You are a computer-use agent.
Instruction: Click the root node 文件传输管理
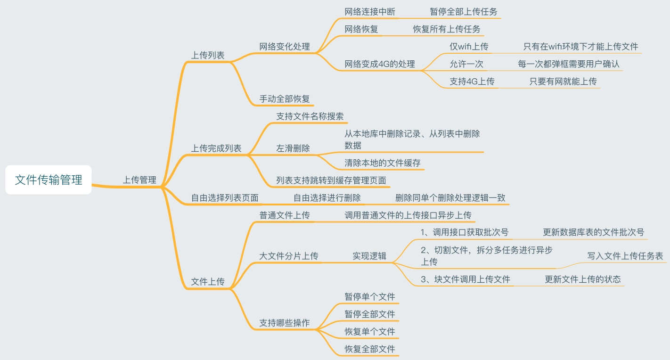[x=49, y=180]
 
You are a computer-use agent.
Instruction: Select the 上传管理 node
[x=139, y=180]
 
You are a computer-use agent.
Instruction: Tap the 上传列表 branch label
[x=208, y=55]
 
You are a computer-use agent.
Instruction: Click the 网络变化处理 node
[x=285, y=46]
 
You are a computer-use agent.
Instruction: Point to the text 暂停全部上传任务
[x=464, y=11]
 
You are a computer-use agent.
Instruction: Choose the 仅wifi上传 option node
[x=469, y=46]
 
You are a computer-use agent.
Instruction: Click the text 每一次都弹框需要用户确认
[x=569, y=64]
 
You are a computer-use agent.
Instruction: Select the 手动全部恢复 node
[x=285, y=99]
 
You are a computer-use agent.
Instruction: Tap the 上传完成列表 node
[x=216, y=148]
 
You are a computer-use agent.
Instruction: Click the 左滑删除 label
[x=293, y=148]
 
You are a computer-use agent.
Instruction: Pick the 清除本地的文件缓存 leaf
[x=383, y=163]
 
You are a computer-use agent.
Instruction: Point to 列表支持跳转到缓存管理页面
[x=331, y=180]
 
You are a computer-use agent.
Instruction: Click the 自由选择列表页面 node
[x=225, y=198]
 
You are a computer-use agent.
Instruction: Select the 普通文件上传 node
[x=285, y=215]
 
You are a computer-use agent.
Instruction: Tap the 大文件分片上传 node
[x=289, y=256]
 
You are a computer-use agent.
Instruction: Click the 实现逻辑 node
[x=369, y=256]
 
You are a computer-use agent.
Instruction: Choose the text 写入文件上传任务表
[x=625, y=256]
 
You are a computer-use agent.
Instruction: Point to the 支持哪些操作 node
[x=285, y=323]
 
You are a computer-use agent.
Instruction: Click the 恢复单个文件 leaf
[x=370, y=332]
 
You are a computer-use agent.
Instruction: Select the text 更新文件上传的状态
[x=583, y=279]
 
